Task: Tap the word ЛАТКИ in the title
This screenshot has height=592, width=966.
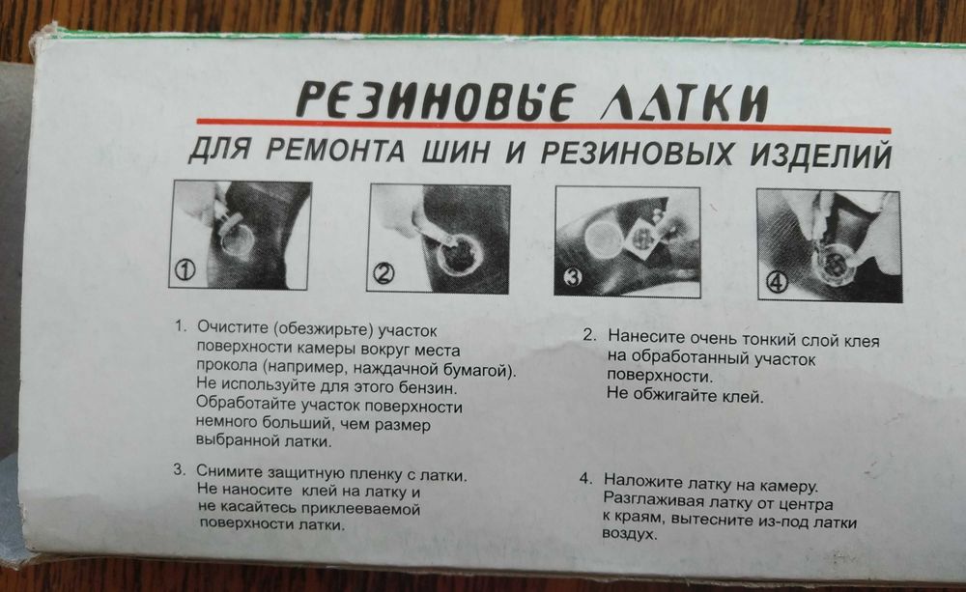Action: [685, 102]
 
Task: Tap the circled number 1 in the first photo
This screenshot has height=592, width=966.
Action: [186, 269]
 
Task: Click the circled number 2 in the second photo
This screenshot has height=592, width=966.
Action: [384, 273]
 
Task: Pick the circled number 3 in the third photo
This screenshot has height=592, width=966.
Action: [573, 277]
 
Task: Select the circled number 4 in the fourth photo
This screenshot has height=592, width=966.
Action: [778, 282]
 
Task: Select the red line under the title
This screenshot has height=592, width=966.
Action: [544, 125]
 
